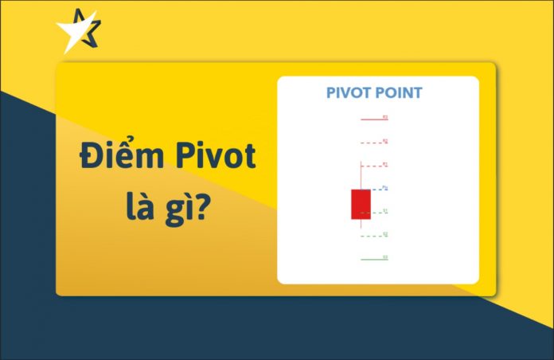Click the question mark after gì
click(214, 209)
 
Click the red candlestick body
click(361, 204)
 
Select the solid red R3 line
click(371, 119)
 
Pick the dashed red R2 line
click(371, 143)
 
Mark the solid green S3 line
click(371, 259)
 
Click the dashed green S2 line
click(371, 236)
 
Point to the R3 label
click(385, 117)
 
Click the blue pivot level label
click(385, 188)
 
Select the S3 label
click(385, 257)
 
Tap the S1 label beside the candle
click(385, 211)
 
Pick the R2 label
click(385, 141)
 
